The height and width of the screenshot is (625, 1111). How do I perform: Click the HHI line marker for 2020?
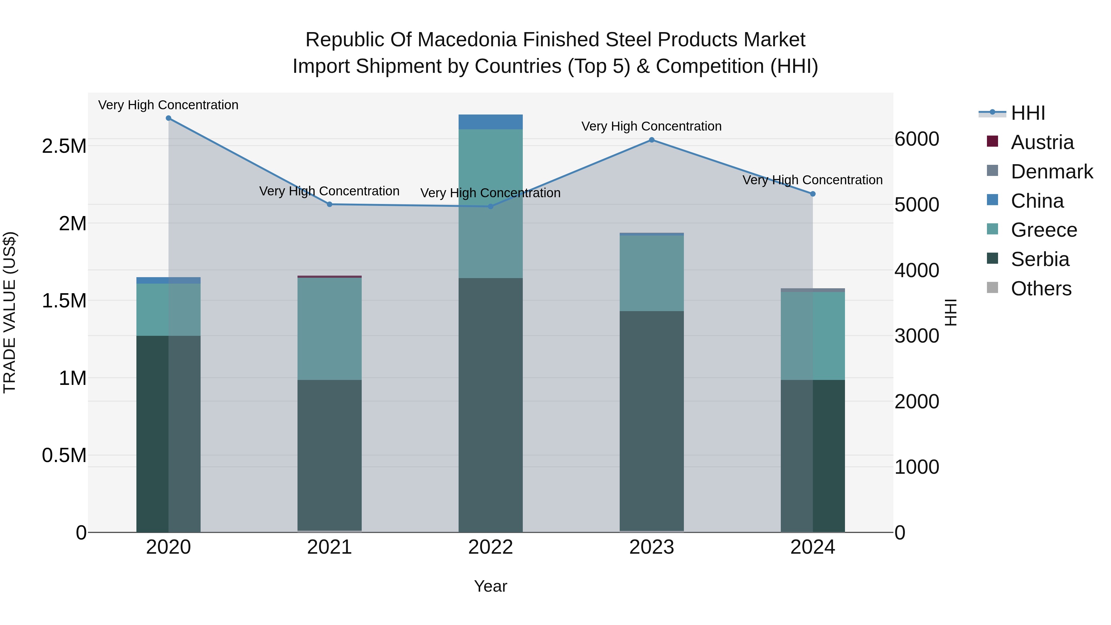click(169, 118)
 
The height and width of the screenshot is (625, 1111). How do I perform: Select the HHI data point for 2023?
click(652, 140)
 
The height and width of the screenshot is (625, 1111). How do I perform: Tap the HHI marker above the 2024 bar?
click(813, 194)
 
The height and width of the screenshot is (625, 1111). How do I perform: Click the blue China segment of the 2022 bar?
click(490, 122)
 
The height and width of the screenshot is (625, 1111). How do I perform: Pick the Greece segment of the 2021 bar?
click(330, 329)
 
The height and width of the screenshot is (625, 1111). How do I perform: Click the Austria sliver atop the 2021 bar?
click(330, 277)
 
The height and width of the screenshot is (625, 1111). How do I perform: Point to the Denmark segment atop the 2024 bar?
click(813, 290)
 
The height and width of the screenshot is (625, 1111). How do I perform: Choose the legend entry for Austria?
click(1042, 142)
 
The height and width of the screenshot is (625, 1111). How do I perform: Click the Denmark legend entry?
click(1051, 172)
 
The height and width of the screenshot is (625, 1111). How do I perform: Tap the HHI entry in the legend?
click(1027, 113)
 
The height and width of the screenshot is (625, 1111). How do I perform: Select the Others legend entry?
click(1041, 289)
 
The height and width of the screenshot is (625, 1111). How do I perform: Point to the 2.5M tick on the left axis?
click(64, 146)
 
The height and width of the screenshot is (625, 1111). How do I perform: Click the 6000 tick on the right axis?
click(917, 139)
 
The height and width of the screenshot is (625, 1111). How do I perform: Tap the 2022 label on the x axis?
click(490, 547)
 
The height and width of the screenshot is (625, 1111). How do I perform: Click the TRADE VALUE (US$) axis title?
click(10, 312)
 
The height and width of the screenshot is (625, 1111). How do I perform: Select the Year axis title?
click(490, 586)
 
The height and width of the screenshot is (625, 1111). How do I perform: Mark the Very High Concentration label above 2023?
click(651, 126)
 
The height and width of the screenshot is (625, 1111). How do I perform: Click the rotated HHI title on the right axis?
click(950, 312)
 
